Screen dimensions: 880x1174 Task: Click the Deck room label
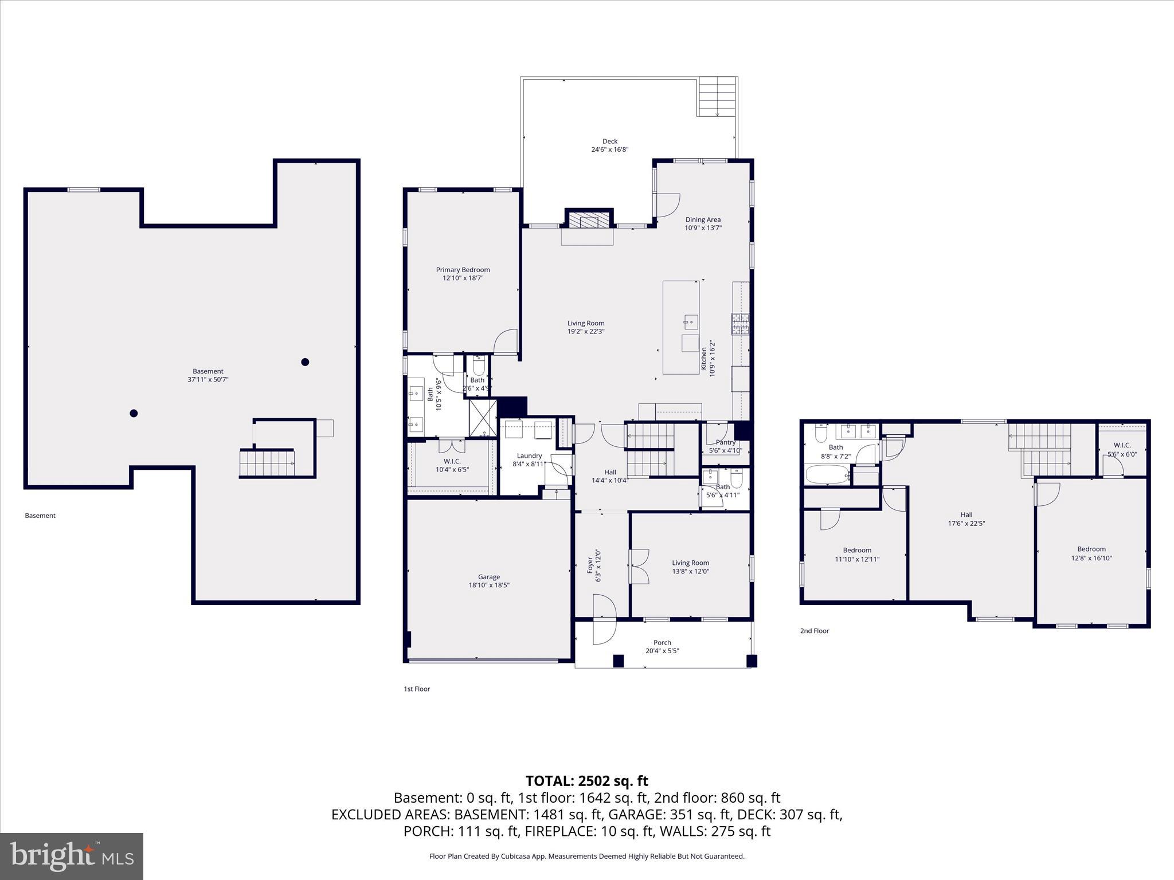pos(609,141)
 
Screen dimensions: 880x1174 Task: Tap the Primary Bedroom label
pos(463,270)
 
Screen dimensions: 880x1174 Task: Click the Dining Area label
pos(703,219)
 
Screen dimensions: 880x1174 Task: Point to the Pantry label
pos(725,442)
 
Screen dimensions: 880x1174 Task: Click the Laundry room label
pos(529,456)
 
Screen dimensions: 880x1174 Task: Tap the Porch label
pos(662,642)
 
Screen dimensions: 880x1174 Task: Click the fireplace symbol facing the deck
pos(589,221)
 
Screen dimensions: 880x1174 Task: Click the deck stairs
pos(717,96)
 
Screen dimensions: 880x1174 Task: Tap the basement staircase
pos(267,463)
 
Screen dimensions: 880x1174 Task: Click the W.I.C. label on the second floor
pos(1122,445)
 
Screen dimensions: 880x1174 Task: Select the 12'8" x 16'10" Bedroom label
pos(1091,549)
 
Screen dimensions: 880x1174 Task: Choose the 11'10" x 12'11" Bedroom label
pos(857,550)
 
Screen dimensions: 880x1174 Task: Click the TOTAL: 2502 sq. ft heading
pos(586,781)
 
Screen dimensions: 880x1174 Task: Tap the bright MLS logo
pos(72,856)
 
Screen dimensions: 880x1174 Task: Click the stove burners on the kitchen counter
pos(740,324)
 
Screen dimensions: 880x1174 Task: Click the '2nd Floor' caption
pos(814,631)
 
